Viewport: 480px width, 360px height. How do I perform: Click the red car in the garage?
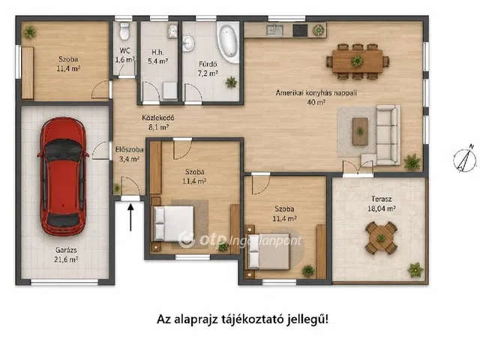tap(63, 176)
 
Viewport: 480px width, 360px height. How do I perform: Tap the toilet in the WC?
tap(124, 31)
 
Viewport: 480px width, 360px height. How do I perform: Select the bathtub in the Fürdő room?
tap(228, 42)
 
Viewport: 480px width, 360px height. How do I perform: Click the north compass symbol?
tap(465, 160)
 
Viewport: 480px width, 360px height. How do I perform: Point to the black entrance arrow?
tap(130, 217)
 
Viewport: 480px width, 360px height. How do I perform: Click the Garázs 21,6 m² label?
tap(66, 255)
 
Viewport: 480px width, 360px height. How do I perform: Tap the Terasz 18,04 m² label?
tap(382, 203)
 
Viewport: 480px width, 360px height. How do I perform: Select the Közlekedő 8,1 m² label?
tap(158, 122)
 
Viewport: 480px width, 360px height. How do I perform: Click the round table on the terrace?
tap(381, 238)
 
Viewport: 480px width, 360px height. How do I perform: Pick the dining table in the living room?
tap(357, 61)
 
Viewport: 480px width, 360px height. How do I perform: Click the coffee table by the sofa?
tap(360, 132)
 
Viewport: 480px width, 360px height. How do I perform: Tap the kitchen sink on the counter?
tap(274, 30)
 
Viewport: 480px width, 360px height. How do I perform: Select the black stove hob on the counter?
tap(300, 30)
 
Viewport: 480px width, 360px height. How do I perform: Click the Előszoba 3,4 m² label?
tap(130, 154)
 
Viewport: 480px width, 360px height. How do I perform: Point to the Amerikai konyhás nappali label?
tap(316, 92)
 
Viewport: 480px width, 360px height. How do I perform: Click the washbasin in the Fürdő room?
tap(188, 43)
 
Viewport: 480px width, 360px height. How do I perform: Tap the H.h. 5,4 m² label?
tap(157, 57)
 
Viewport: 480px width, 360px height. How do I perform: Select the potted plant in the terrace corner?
tap(415, 270)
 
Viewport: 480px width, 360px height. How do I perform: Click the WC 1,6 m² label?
tap(125, 55)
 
